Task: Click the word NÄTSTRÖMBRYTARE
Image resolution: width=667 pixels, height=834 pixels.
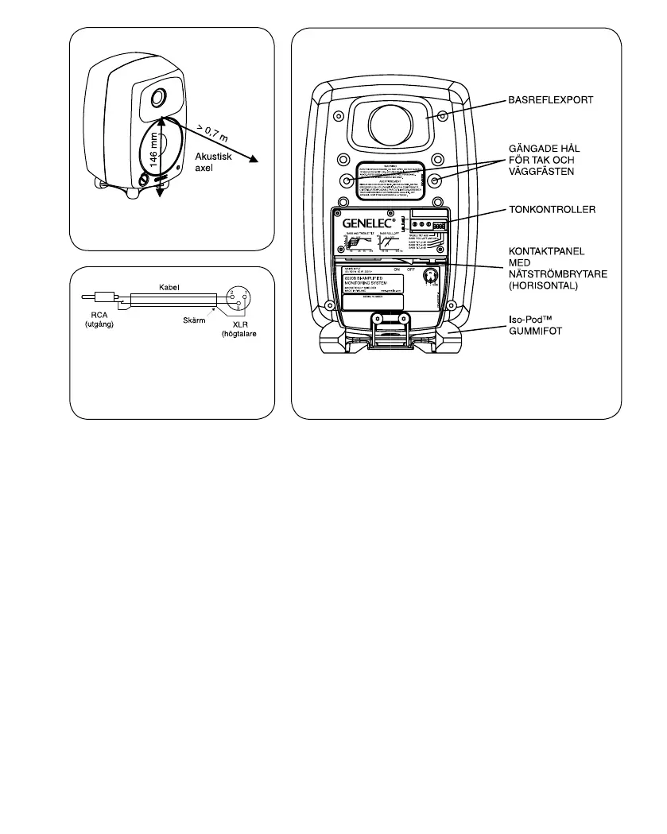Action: point(558,274)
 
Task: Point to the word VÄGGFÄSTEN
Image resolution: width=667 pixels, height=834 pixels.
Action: point(541,171)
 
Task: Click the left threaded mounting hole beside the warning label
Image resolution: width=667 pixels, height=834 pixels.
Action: point(347,180)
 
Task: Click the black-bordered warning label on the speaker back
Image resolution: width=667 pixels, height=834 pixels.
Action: point(390,180)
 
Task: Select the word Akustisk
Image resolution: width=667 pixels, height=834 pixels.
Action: point(213,157)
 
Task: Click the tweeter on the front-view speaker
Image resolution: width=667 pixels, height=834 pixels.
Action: point(157,99)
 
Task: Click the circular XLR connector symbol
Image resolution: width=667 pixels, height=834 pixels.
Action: point(238,300)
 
